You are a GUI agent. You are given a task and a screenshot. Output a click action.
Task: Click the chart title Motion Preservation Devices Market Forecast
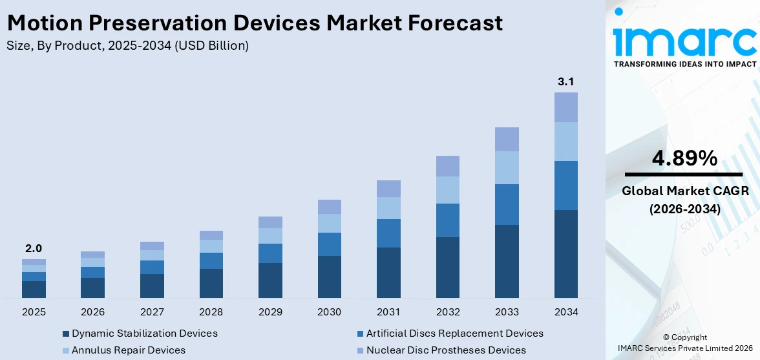point(255,23)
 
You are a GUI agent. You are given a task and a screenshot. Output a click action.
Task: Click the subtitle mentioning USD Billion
point(127,46)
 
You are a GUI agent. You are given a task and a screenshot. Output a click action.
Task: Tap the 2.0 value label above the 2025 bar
point(34,248)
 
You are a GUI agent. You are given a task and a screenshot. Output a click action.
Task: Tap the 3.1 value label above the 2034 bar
point(565,82)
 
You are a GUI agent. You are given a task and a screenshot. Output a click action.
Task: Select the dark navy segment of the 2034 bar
point(565,253)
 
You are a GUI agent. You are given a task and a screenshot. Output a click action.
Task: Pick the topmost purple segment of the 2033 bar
point(507,139)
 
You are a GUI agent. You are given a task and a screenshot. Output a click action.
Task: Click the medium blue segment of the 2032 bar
point(447,220)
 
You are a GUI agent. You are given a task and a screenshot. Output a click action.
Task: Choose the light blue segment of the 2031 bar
point(388,208)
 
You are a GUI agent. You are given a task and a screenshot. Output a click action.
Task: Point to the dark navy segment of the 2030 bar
point(329,277)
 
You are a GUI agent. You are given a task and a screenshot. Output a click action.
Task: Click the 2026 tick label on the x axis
point(93,312)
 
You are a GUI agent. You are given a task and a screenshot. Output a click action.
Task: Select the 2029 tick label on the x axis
point(270,312)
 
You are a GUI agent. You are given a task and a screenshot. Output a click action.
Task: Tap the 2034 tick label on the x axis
point(565,312)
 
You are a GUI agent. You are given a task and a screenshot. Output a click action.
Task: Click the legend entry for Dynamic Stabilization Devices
point(144,334)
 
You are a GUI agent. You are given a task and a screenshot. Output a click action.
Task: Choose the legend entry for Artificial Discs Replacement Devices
point(454,334)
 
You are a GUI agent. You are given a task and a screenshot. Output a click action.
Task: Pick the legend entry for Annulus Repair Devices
point(128,350)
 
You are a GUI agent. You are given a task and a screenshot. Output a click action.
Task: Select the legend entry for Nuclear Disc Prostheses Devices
point(445,350)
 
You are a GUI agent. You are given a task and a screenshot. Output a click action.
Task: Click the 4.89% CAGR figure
point(684,158)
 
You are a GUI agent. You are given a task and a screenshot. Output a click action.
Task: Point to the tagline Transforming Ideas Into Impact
point(684,64)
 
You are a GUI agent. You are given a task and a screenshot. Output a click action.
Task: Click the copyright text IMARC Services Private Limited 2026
point(685,348)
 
